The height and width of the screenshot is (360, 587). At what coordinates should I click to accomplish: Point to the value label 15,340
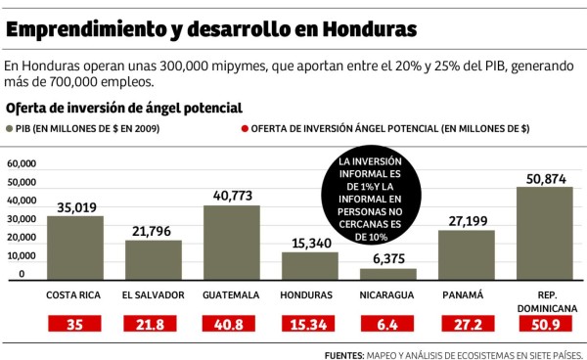pyautogui.click(x=309, y=242)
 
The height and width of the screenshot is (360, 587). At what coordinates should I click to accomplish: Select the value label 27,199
pyautogui.click(x=466, y=220)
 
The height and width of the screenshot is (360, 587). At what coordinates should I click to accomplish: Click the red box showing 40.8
pyautogui.click(x=231, y=325)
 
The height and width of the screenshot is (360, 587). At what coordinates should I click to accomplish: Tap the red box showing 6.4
pyautogui.click(x=387, y=325)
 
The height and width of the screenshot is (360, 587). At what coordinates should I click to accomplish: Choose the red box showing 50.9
pyautogui.click(x=544, y=325)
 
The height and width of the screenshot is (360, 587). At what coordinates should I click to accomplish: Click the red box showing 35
pyautogui.click(x=75, y=325)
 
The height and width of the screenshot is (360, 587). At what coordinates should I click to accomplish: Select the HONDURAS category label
pyautogui.click(x=309, y=294)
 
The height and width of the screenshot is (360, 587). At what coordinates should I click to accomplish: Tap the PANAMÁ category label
pyautogui.click(x=466, y=294)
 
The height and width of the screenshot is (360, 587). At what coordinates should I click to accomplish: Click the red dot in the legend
pyautogui.click(x=244, y=128)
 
